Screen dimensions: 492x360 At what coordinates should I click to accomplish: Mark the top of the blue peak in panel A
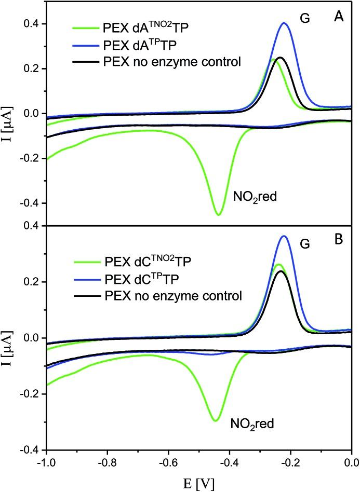284,23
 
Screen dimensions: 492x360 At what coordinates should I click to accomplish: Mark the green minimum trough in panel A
219,214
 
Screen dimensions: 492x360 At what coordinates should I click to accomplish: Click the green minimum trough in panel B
215,420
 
